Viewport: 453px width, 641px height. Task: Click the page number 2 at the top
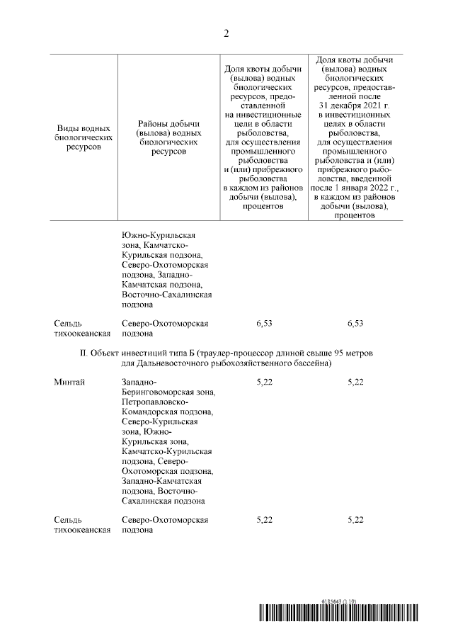pyautogui.click(x=226, y=33)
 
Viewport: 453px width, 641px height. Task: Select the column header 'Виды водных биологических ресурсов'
pyautogui.click(x=84, y=138)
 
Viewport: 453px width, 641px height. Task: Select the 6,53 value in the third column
pyautogui.click(x=265, y=324)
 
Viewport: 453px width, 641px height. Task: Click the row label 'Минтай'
pyautogui.click(x=69, y=382)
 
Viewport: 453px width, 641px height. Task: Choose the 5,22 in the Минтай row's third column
pyautogui.click(x=265, y=382)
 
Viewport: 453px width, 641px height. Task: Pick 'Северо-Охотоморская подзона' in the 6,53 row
pyautogui.click(x=164, y=329)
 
